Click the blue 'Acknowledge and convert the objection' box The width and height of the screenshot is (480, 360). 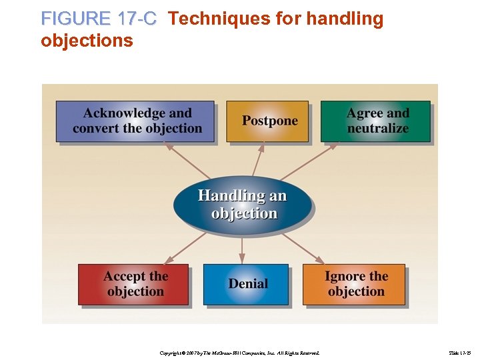pyautogui.click(x=135, y=121)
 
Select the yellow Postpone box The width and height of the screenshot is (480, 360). pyautogui.click(x=268, y=121)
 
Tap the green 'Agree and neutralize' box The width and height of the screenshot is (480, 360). pyautogui.click(x=376, y=121)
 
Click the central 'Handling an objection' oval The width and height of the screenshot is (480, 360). pyautogui.click(x=242, y=205)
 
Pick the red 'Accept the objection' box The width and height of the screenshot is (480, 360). pyautogui.click(x=134, y=285)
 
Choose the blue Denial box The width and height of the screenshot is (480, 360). pyautogui.click(x=246, y=285)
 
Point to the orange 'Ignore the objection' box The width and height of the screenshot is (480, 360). pyautogui.click(x=355, y=285)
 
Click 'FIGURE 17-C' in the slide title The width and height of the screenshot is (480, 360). pyautogui.click(x=99, y=19)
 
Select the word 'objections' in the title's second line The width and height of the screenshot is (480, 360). pyautogui.click(x=87, y=41)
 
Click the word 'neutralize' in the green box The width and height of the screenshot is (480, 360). pyautogui.click(x=378, y=129)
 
